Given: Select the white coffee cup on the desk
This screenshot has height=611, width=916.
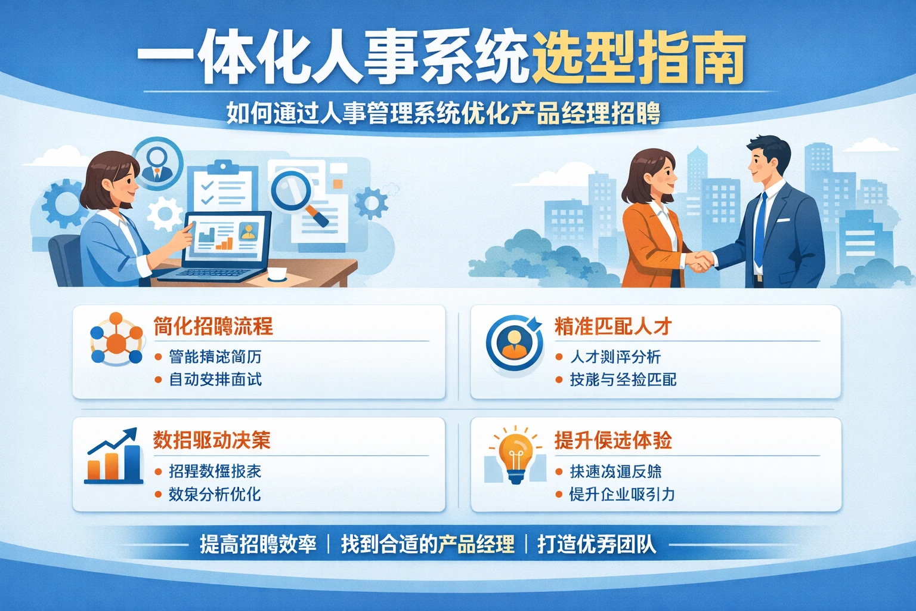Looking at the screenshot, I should (277, 274).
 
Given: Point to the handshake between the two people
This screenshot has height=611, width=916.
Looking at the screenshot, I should (699, 261).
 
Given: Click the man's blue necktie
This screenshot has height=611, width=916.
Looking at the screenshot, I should (760, 230).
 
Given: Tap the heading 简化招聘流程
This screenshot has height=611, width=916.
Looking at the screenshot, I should (213, 326).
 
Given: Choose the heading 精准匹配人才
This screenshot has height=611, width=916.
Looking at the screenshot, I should (613, 326).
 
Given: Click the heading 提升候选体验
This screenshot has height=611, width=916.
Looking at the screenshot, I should (613, 440).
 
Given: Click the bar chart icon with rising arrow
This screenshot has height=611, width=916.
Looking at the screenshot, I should (113, 456).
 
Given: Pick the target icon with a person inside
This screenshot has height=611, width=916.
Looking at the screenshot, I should (513, 342).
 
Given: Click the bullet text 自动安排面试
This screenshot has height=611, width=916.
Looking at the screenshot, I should (215, 379).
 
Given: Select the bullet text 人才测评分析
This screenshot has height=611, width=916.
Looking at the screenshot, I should (615, 357).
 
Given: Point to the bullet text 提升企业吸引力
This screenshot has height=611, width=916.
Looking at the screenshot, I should (621, 494).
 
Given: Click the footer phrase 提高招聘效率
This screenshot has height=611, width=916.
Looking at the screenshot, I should (258, 544).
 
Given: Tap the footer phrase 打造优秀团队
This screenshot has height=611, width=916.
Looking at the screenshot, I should (596, 544).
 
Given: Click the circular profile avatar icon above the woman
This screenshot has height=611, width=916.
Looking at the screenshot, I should (157, 162).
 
